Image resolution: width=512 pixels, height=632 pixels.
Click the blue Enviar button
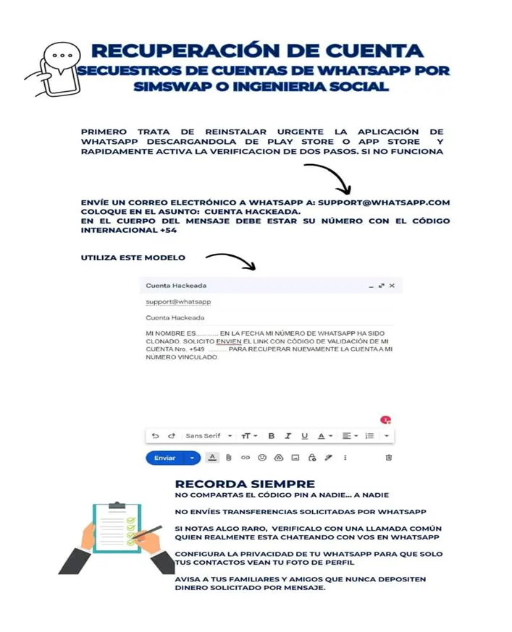(165, 458)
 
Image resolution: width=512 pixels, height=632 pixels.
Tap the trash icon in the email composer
(389, 458)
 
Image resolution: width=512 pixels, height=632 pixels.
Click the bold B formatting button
(272, 436)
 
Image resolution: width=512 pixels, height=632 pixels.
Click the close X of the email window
(392, 286)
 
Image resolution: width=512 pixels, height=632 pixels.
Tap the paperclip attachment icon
(228, 458)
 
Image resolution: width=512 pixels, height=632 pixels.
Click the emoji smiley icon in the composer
(262, 458)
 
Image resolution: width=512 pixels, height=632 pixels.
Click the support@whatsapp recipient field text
(168, 302)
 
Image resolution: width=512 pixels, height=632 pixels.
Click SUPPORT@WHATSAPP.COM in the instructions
(384, 202)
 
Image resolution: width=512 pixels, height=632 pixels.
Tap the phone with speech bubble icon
(56, 69)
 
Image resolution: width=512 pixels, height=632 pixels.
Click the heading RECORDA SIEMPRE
(245, 484)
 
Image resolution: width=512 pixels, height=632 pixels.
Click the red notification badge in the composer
(385, 420)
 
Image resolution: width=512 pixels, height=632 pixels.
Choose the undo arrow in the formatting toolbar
(155, 436)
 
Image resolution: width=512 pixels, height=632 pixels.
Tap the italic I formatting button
(288, 436)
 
